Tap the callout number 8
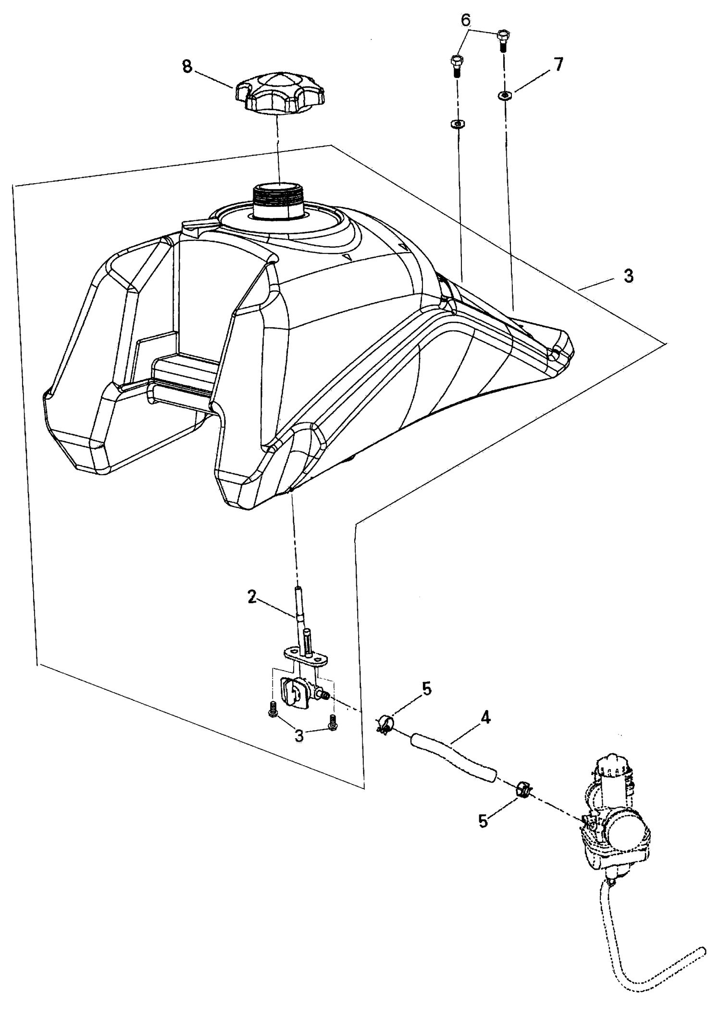coord(187,66)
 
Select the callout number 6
coord(466,20)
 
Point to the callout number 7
coord(558,64)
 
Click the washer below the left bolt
coord(457,125)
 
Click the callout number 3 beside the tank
coord(628,276)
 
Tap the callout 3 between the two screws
coord(299,735)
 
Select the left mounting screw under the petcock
coord(272,709)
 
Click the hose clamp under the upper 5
coord(385,725)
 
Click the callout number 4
coord(485,718)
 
